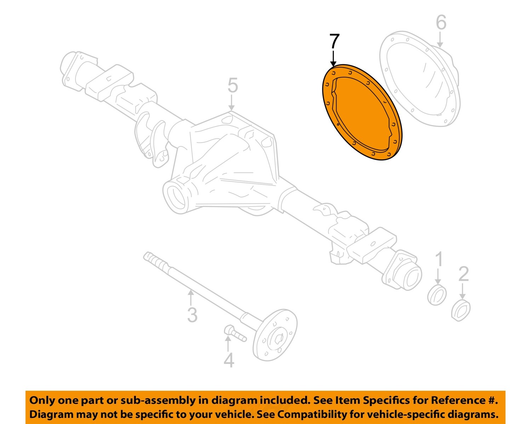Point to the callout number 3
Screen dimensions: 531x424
[192, 315]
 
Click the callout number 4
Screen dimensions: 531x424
[229, 360]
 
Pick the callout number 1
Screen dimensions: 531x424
[439, 260]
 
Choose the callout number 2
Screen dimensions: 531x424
[463, 274]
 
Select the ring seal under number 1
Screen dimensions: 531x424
[436, 294]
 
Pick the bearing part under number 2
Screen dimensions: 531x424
[461, 310]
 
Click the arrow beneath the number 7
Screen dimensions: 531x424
[333, 58]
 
